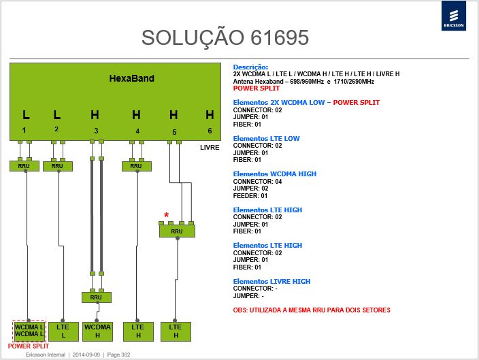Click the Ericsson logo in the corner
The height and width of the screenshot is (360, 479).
click(x=454, y=16)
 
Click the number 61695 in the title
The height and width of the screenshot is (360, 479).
click(x=280, y=37)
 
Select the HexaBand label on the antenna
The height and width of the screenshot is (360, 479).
click(x=132, y=78)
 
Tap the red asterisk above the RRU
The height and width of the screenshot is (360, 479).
click(x=166, y=215)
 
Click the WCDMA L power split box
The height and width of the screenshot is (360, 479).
click(x=29, y=331)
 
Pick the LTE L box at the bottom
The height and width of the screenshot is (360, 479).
click(x=63, y=331)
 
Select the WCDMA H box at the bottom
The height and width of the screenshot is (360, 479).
click(x=97, y=331)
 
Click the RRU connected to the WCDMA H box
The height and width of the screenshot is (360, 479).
click(x=96, y=297)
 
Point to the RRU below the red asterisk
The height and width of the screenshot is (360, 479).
click(x=177, y=231)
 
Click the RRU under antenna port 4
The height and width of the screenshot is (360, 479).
click(x=136, y=166)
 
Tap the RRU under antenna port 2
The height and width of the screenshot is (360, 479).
click(x=57, y=166)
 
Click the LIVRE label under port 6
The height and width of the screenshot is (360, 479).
click(x=210, y=147)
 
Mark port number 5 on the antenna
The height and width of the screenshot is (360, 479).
click(x=174, y=132)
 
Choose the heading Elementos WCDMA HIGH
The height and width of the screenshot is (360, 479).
click(x=275, y=174)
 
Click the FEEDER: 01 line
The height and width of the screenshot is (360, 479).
click(x=250, y=195)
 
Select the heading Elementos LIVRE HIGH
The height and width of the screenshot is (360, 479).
click(x=271, y=281)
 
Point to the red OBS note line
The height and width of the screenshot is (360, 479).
click(x=312, y=310)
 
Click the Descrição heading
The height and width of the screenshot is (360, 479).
click(x=250, y=67)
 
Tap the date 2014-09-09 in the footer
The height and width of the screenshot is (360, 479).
click(x=86, y=355)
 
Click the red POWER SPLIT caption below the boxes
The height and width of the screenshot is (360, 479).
click(x=29, y=346)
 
